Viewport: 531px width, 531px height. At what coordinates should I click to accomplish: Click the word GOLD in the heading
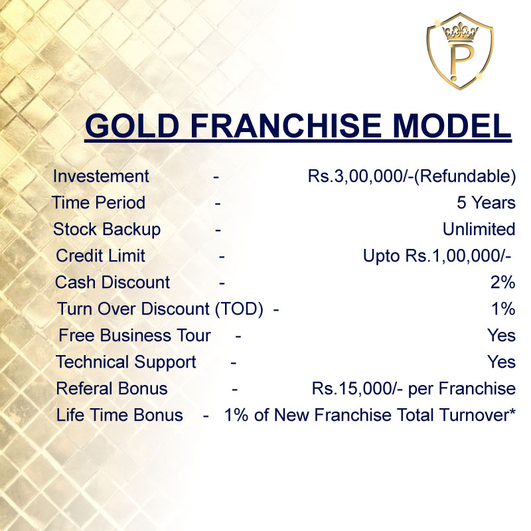tap(132, 125)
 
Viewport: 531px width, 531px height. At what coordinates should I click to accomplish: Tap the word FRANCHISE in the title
tap(286, 125)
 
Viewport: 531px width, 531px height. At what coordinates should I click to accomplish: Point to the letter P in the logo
tap(459, 62)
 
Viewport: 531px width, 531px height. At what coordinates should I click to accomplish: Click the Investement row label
tap(101, 177)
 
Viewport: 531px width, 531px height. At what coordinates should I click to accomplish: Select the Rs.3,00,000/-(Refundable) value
tap(412, 177)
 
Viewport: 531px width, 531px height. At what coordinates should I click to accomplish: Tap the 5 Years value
tap(486, 202)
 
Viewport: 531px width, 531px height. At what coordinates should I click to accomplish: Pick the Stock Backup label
tap(107, 230)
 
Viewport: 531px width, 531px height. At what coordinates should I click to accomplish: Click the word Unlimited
tap(479, 229)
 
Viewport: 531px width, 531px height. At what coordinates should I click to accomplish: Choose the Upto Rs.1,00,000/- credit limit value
tap(437, 256)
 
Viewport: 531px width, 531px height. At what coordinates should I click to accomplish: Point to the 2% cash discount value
tap(502, 283)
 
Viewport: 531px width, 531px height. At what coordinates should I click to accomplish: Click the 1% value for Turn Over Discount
tap(503, 309)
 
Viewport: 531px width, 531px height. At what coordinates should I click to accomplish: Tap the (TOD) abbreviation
tap(239, 309)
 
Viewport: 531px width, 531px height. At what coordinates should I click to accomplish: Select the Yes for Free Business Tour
tap(502, 335)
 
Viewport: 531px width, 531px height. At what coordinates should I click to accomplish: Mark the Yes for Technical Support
tap(502, 362)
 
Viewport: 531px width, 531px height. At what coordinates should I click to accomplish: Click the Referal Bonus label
tap(112, 388)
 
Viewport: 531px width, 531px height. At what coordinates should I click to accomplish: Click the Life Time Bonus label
tap(119, 415)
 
